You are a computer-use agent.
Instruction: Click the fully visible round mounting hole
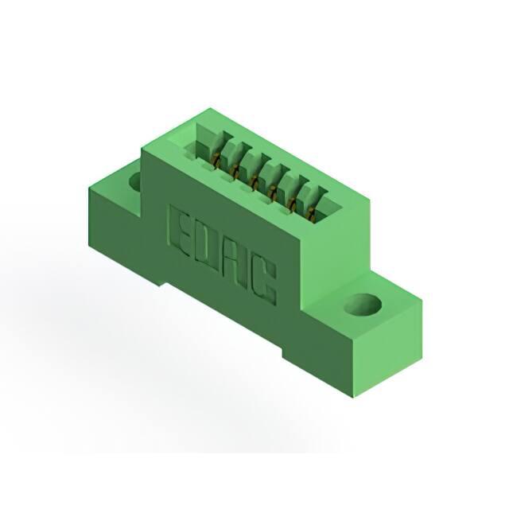pyautogui.click(x=363, y=305)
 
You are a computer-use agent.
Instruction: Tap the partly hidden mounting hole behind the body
pyautogui.click(x=135, y=182)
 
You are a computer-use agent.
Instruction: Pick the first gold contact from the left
pyautogui.click(x=216, y=161)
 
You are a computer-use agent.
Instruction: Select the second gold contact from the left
pyautogui.click(x=235, y=171)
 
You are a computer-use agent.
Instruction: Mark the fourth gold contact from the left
pyautogui.click(x=272, y=192)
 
